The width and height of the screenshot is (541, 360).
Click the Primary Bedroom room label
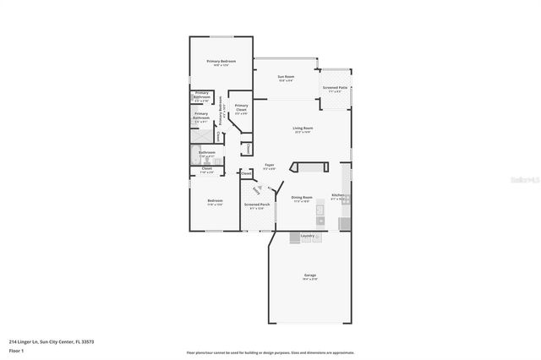221,62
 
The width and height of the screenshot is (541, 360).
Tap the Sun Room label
286,78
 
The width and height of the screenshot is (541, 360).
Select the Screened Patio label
334,88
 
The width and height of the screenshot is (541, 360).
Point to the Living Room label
303,128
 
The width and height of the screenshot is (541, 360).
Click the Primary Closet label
242,107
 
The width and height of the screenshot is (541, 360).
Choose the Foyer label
269,166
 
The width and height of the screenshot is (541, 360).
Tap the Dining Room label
303,198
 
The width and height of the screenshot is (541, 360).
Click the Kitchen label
338,195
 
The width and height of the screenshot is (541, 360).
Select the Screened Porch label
257,205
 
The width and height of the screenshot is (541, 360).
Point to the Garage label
310,275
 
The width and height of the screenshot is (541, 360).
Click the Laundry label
308,236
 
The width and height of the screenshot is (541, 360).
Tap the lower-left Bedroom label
215,201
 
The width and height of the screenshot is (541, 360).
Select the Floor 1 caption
16,350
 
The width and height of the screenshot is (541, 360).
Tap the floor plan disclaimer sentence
270,353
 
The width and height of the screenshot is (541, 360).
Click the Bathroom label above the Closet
206,153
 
